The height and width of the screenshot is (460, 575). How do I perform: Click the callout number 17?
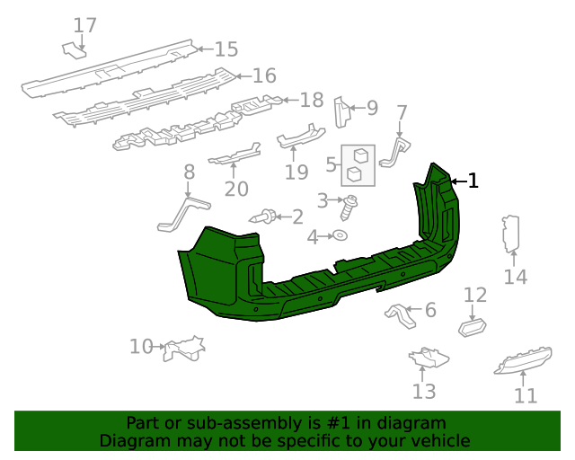[x=84, y=25]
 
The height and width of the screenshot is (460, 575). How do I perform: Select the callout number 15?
[x=226, y=49]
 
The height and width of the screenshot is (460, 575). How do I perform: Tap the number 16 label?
[x=264, y=75]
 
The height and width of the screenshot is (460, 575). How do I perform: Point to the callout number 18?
[x=311, y=100]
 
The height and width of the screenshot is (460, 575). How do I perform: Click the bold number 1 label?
[x=473, y=181]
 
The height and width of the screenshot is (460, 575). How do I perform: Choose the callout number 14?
[x=515, y=277]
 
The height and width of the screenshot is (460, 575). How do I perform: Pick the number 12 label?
[x=474, y=295]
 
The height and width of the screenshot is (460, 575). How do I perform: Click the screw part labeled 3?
[x=349, y=206]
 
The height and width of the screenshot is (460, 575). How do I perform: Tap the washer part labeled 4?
[x=341, y=235]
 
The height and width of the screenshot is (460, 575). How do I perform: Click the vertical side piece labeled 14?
[x=510, y=239]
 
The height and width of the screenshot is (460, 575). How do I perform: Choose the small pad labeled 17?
[x=74, y=50]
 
